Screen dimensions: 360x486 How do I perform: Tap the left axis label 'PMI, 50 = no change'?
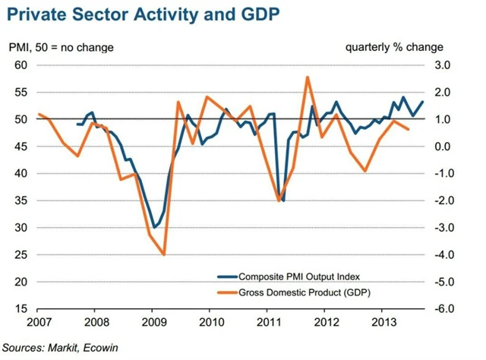coord(62,48)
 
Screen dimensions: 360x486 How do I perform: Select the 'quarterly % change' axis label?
coord(387,47)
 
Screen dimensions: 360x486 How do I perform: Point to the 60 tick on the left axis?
coord(21,65)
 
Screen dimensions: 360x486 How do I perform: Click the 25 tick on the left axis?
coord(21,255)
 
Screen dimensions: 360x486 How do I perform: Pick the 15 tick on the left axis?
coord(21,309)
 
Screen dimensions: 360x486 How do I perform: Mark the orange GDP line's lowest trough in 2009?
coord(165,254)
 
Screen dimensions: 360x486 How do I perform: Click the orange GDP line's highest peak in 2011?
coord(307,77)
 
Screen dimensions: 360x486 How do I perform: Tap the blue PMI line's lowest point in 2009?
coord(153,227)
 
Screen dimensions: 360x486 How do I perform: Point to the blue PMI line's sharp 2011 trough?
coord(282,201)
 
